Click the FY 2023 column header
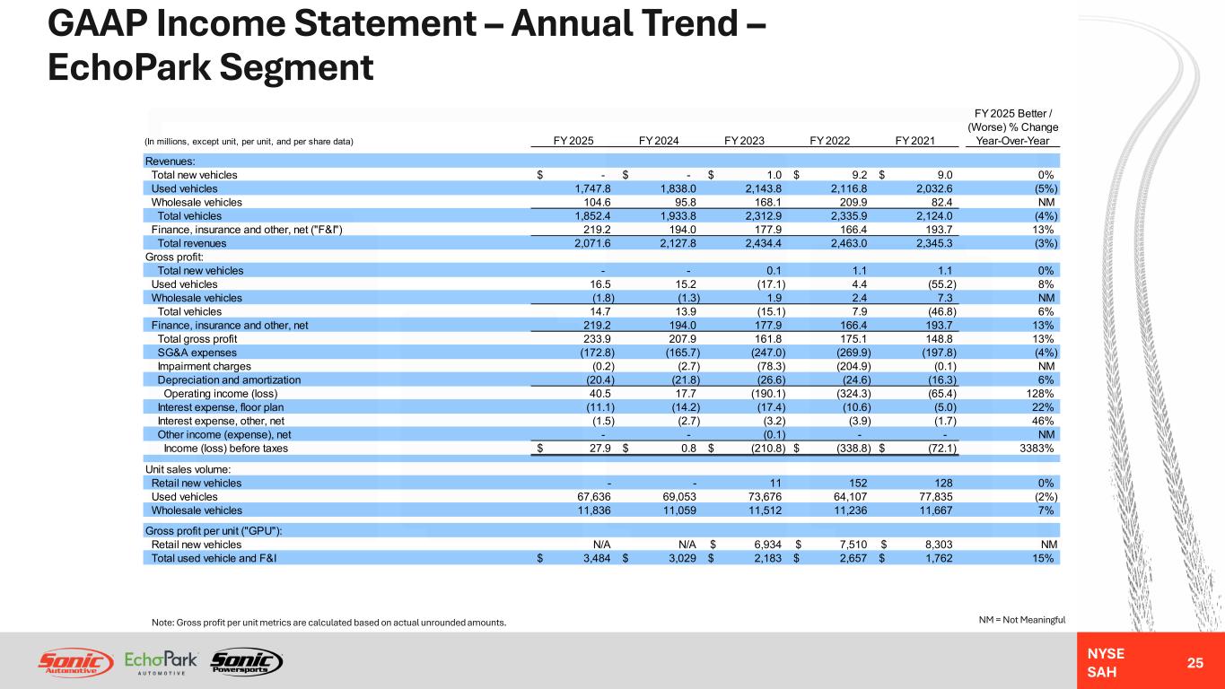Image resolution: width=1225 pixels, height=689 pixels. [744, 141]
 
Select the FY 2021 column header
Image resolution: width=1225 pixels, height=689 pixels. [914, 141]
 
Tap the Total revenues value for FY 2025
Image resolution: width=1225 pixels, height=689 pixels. [592, 243]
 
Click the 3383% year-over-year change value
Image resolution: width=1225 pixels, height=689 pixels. [1037, 449]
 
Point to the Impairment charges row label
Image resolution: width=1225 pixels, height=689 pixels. [204, 366]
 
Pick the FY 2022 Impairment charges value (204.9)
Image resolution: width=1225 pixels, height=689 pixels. [853, 366]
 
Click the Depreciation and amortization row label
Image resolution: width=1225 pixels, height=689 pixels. [229, 380]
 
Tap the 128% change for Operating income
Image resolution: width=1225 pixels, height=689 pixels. [1039, 394]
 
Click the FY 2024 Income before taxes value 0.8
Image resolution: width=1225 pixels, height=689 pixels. [688, 449]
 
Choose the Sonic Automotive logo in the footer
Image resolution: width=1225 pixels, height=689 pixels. [75, 662]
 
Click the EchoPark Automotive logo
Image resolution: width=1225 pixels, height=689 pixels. [161, 662]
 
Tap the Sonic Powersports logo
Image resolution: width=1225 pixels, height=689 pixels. [247, 662]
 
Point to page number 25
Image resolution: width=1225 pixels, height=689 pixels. [1194, 663]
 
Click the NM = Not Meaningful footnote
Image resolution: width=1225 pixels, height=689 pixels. [1021, 620]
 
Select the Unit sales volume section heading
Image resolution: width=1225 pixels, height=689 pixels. [188, 469]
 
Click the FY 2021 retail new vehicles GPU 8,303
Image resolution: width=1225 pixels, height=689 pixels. [939, 545]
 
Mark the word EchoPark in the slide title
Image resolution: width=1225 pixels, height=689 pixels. [128, 67]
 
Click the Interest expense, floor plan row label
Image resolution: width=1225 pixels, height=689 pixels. [221, 407]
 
